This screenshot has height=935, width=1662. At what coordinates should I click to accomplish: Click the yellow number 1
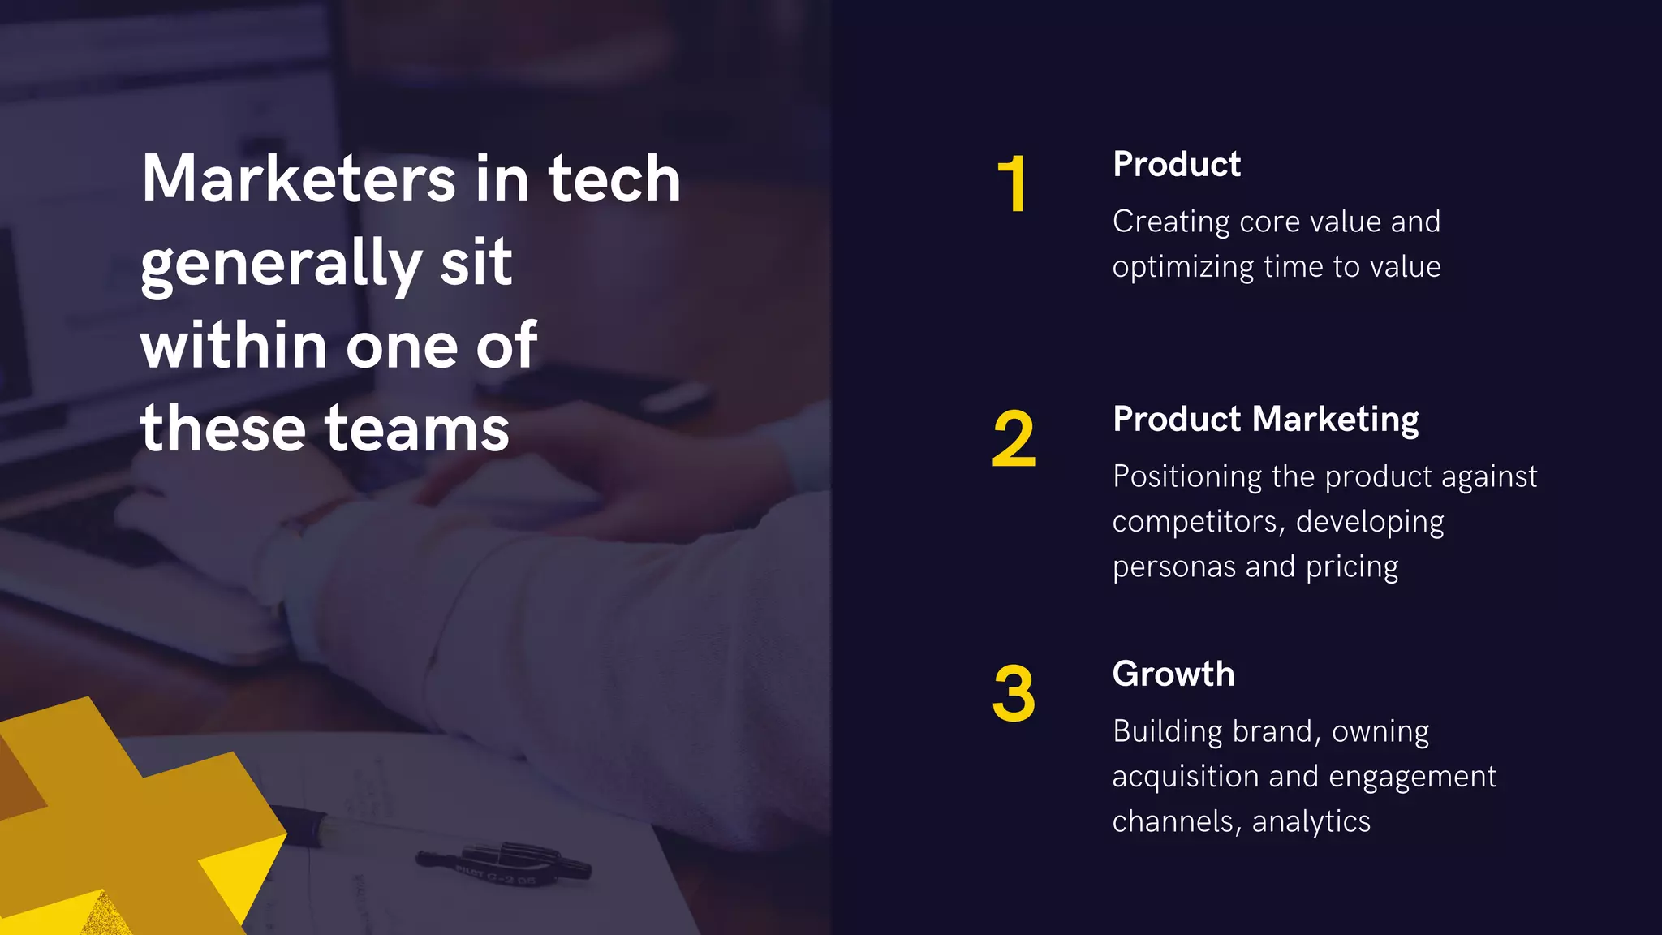1013,184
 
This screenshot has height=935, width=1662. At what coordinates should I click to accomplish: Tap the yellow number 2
1014,439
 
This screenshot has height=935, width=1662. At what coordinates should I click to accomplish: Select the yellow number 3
1014,694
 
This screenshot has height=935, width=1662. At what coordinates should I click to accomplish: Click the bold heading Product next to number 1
1177,165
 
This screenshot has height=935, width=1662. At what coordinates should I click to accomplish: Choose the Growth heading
1173,674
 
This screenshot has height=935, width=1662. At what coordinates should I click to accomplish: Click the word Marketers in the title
299,179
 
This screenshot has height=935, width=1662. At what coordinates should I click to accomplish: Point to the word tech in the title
614,179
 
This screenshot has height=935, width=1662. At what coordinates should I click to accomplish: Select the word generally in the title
281,265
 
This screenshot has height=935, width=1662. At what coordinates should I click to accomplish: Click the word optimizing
1182,268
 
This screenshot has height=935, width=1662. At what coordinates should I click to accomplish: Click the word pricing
1352,567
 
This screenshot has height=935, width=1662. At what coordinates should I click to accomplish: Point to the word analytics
1311,822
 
